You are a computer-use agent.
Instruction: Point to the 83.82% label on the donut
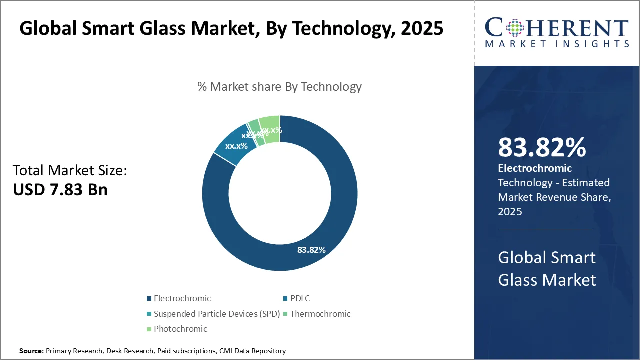click(311, 250)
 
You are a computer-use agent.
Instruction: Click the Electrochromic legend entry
click(182, 298)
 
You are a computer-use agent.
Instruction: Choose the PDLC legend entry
click(299, 298)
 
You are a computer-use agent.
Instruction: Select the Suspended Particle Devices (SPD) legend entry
click(216, 314)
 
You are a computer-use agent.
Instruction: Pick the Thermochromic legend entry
click(320, 314)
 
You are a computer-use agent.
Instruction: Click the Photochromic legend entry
click(180, 329)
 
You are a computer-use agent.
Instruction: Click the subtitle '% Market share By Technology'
click(279, 87)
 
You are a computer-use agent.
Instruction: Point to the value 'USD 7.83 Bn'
click(60, 189)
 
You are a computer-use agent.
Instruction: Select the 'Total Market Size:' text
click(70, 171)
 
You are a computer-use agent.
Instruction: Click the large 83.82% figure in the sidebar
click(542, 148)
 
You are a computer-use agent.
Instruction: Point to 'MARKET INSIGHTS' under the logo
click(556, 44)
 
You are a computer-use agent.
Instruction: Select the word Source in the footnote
click(31, 351)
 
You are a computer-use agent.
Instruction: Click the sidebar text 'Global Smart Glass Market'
click(547, 268)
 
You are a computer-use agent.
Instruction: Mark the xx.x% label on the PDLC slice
click(236, 146)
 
